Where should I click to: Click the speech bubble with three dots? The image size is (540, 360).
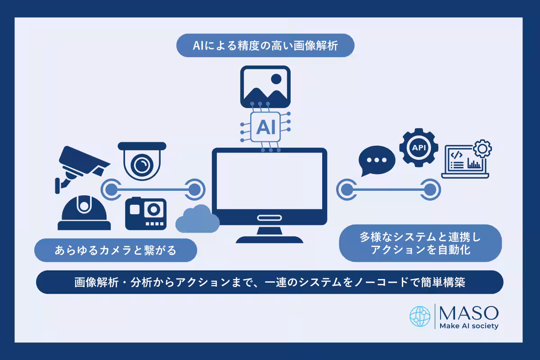377,161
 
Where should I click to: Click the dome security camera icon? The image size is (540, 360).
142,160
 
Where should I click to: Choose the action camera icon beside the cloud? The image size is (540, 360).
146,214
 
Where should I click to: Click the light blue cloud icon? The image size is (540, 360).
197,219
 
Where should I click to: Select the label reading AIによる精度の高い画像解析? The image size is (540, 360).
265,45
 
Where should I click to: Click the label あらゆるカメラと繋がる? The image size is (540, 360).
116,250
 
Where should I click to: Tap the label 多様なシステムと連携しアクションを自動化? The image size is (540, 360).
420,243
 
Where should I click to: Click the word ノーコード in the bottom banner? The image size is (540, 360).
383,282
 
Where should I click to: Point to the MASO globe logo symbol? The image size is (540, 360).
420,316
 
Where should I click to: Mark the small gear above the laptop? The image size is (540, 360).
482,148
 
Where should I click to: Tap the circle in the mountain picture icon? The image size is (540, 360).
276,79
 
